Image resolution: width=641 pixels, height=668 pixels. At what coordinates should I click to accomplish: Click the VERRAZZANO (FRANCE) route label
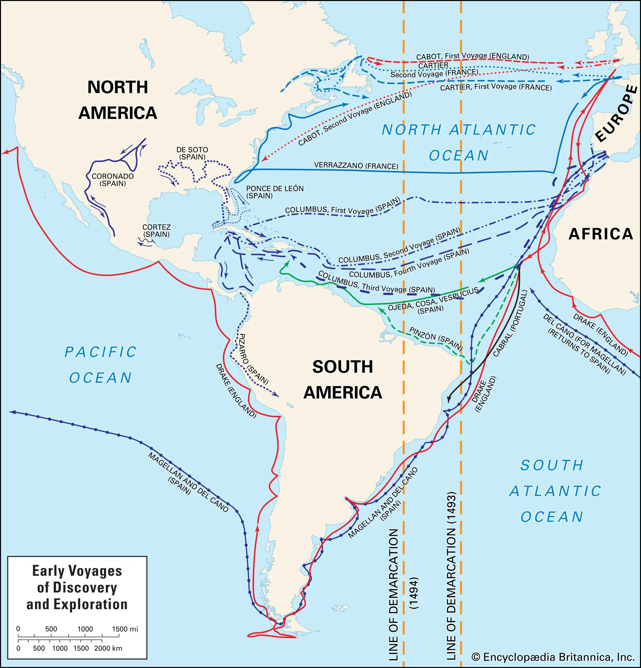[356, 166]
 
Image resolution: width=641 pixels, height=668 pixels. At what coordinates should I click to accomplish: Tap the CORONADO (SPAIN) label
[113, 180]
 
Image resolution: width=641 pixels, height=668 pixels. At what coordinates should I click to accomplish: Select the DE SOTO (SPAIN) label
[192, 153]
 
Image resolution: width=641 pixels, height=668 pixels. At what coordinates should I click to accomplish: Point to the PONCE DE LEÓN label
[274, 192]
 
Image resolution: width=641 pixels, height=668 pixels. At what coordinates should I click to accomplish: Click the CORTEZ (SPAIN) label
[156, 231]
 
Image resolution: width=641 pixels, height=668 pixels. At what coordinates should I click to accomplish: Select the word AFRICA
[601, 234]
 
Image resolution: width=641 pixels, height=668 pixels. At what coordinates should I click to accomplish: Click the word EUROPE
[617, 113]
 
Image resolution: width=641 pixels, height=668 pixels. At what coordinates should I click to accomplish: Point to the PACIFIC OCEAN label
[101, 365]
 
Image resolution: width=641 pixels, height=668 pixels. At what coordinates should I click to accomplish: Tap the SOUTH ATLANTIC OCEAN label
[555, 491]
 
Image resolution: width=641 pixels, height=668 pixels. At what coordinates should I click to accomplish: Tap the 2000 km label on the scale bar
[108, 648]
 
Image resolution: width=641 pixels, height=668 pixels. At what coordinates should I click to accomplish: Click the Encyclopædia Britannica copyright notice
[553, 657]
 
